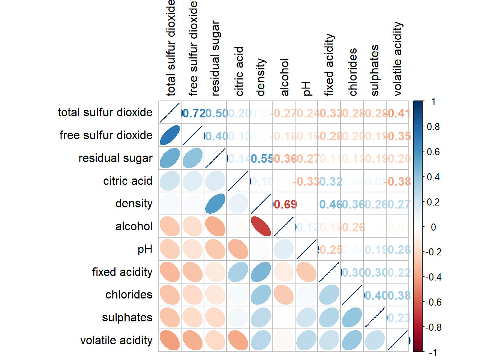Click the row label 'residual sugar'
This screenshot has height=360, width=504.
115,158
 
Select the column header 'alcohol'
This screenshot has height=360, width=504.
285,77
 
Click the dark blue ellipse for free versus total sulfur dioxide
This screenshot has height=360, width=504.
169,135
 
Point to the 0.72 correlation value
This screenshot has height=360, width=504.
193,113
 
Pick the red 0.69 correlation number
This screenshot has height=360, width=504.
285,204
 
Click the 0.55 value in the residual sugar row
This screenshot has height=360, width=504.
262,159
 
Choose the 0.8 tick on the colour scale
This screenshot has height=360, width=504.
433,127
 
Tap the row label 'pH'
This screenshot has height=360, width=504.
145,249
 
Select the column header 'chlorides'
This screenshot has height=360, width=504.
353,72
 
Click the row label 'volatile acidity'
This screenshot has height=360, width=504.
116,340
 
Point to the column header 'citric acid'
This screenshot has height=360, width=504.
239,71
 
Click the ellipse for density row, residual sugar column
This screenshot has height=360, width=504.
215,204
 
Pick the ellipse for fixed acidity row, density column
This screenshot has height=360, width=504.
261,272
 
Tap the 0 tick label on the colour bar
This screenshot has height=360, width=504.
433,227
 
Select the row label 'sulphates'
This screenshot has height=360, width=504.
127,318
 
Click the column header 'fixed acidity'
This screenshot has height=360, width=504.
329,65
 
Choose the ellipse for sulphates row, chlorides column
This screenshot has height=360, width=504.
352,318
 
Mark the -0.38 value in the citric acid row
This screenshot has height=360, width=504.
398,182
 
